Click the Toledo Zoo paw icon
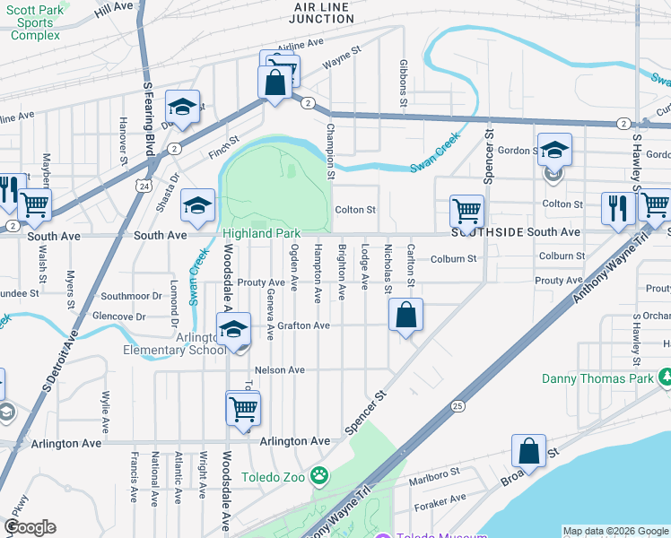(x=319, y=473)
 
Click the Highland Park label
(x=262, y=233)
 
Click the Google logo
(x=30, y=527)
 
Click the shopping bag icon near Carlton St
(x=405, y=316)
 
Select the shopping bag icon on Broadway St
(x=529, y=451)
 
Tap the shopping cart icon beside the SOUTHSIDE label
(x=466, y=212)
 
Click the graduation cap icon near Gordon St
(x=554, y=149)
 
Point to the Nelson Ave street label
(x=280, y=369)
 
